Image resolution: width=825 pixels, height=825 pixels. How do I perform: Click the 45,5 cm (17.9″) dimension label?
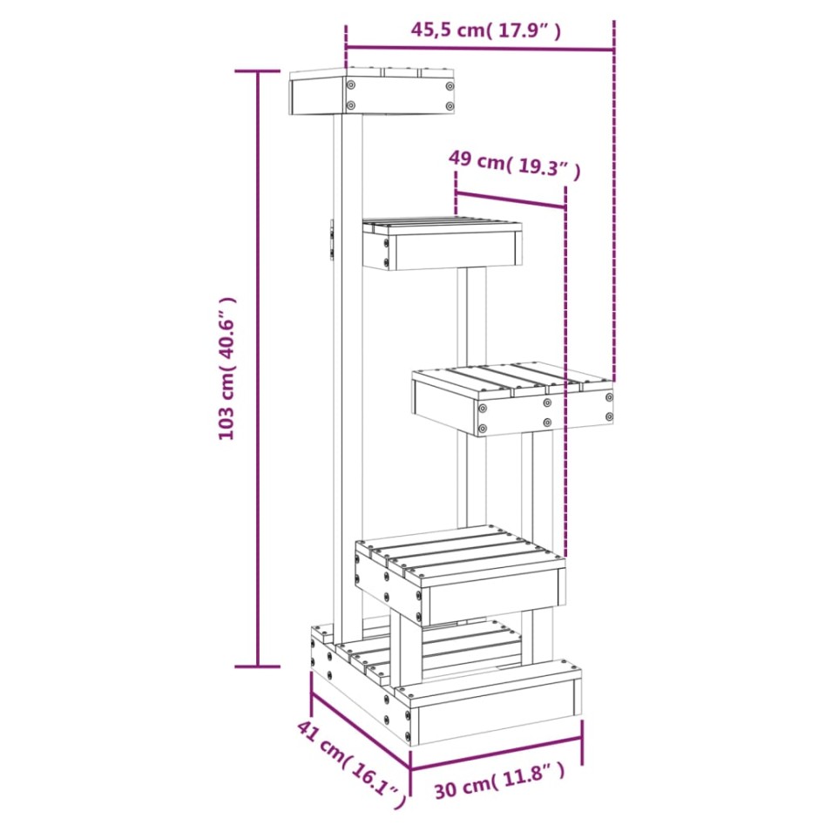point(485,30)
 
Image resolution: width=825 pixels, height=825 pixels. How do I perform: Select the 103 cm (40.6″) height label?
point(228,368)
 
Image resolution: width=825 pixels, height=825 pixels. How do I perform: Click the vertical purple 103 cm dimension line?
point(257,368)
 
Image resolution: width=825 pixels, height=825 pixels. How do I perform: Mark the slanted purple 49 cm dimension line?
point(511,199)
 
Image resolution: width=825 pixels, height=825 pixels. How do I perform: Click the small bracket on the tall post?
point(331,239)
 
